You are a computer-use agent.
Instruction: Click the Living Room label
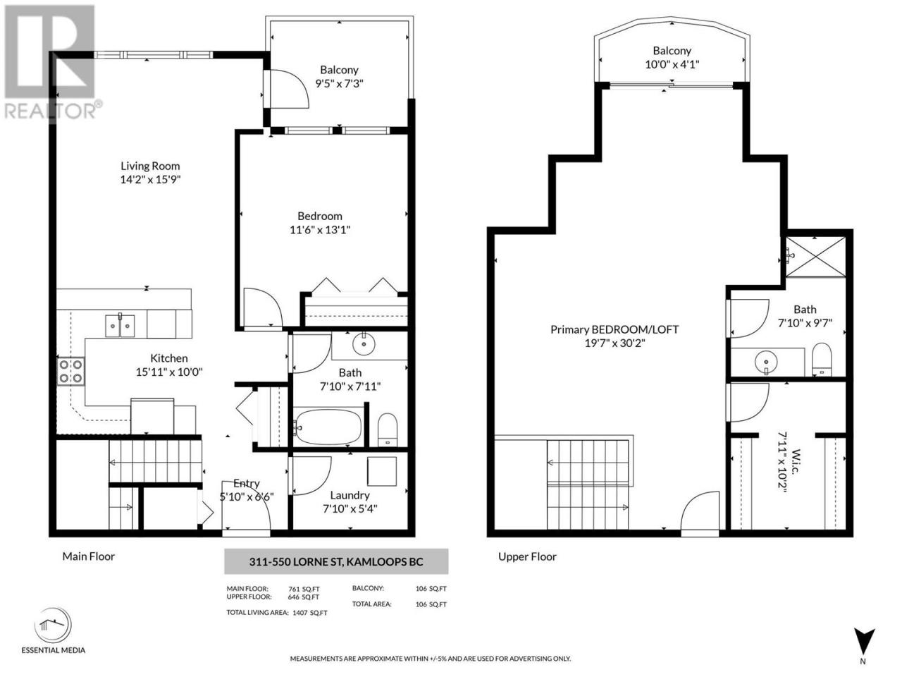click(150, 166)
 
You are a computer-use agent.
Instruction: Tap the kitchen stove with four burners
click(70, 371)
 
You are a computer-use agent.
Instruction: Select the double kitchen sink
click(120, 326)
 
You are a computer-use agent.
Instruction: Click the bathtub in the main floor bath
click(328, 426)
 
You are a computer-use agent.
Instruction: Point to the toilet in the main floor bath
click(387, 430)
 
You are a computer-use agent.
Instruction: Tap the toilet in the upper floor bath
click(822, 360)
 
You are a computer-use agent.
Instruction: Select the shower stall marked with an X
click(815, 256)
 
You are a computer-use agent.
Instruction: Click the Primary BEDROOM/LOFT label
click(614, 329)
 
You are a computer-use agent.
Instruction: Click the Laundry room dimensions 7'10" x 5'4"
click(350, 509)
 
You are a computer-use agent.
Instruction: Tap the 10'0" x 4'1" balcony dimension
click(672, 65)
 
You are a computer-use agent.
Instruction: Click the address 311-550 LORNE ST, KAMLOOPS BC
click(335, 562)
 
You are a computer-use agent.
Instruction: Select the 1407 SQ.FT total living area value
click(310, 613)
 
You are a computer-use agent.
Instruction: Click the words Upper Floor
click(527, 556)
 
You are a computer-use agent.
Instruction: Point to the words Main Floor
click(88, 556)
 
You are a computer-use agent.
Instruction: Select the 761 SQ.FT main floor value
click(304, 589)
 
